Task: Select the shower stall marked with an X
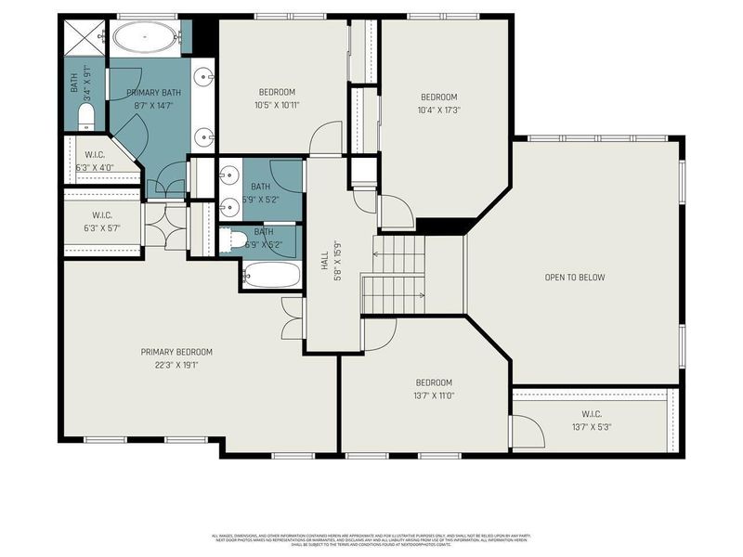(85, 36)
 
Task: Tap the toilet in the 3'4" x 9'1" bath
(85, 116)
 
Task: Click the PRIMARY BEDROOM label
(176, 352)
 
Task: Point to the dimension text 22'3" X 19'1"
(176, 365)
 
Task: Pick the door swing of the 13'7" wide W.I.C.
(527, 433)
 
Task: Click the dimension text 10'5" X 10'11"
(277, 105)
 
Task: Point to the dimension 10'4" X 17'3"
(440, 110)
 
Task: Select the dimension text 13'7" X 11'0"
(434, 395)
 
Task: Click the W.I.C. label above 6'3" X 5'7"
(101, 216)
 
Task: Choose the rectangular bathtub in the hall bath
(271, 275)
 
